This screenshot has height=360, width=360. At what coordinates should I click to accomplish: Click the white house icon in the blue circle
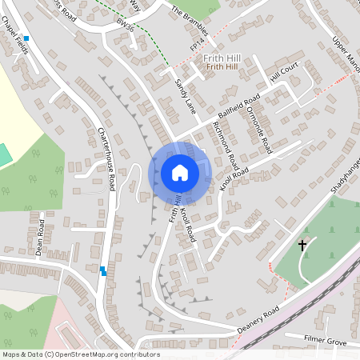pos(180,173)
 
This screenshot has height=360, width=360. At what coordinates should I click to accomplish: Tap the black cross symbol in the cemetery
pos(302,245)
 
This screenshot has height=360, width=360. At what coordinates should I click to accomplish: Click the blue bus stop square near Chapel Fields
pos(26,38)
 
